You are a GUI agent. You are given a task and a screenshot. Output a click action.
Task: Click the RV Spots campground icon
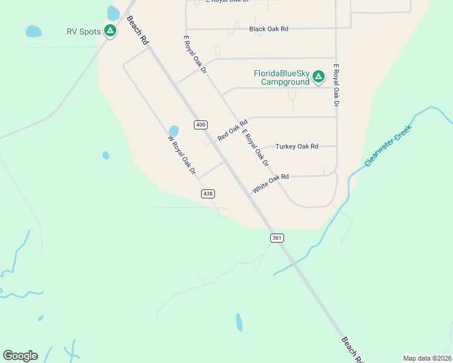pos(110,30)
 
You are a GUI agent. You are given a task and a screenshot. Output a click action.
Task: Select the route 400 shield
pos(201,125)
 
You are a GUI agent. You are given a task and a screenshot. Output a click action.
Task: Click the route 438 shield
pos(208,194)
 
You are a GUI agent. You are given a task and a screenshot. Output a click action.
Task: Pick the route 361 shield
pos(277,238)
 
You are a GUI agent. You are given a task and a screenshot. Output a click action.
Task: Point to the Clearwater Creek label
pos(388,146)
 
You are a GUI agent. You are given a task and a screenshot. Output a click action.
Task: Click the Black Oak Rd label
pos(268,28)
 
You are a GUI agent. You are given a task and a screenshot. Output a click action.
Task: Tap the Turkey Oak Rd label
pos(297,146)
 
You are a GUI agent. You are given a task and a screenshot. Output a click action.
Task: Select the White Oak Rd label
pos(271,184)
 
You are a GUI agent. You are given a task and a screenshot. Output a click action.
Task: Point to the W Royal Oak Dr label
pos(182,155)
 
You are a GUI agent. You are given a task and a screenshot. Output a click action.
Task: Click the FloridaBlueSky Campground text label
pos(282,77)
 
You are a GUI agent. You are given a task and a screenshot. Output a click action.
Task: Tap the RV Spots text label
pos(84,31)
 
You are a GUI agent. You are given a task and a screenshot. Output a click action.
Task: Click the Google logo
pos(20,356)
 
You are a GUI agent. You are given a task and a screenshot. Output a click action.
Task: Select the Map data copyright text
pos(428,358)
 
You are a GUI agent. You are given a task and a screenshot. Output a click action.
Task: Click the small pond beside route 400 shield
pos(174,130)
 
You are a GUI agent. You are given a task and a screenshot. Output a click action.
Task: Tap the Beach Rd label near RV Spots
pos(137,30)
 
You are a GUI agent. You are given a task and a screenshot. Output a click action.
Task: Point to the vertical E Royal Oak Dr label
pos(336,85)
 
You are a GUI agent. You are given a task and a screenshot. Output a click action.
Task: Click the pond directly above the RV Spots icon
pos(113,12)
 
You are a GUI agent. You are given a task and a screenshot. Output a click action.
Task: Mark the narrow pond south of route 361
pos(239,322)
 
